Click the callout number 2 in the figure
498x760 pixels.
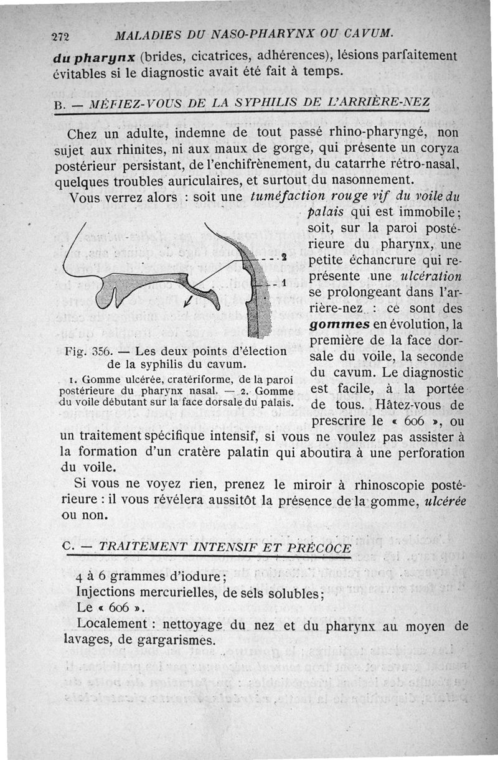point(283,256)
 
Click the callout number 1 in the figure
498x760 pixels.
point(283,283)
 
